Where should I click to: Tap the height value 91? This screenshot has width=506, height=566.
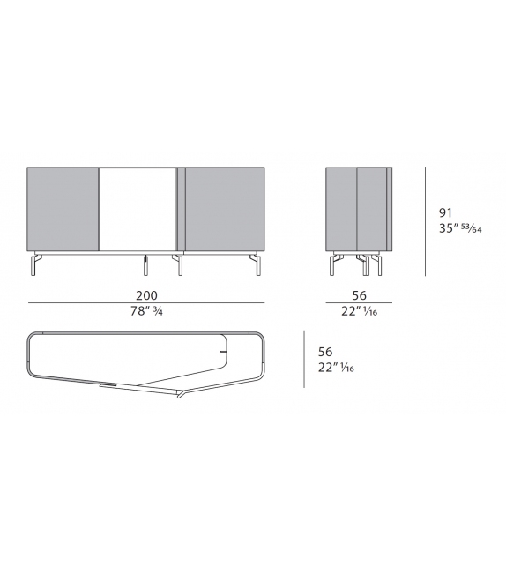(447, 212)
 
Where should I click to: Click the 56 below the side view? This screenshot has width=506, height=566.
(359, 294)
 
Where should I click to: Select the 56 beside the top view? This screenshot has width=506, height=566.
(326, 350)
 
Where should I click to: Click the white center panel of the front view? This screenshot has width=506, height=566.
(138, 208)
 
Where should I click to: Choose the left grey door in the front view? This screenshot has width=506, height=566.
(63, 208)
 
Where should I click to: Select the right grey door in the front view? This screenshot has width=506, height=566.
(224, 208)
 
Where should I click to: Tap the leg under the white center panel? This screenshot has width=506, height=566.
(143, 264)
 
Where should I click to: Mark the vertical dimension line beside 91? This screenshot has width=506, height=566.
(427, 220)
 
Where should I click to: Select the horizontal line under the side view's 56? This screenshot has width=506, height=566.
(359, 304)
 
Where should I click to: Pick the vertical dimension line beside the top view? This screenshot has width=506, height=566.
(304, 359)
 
